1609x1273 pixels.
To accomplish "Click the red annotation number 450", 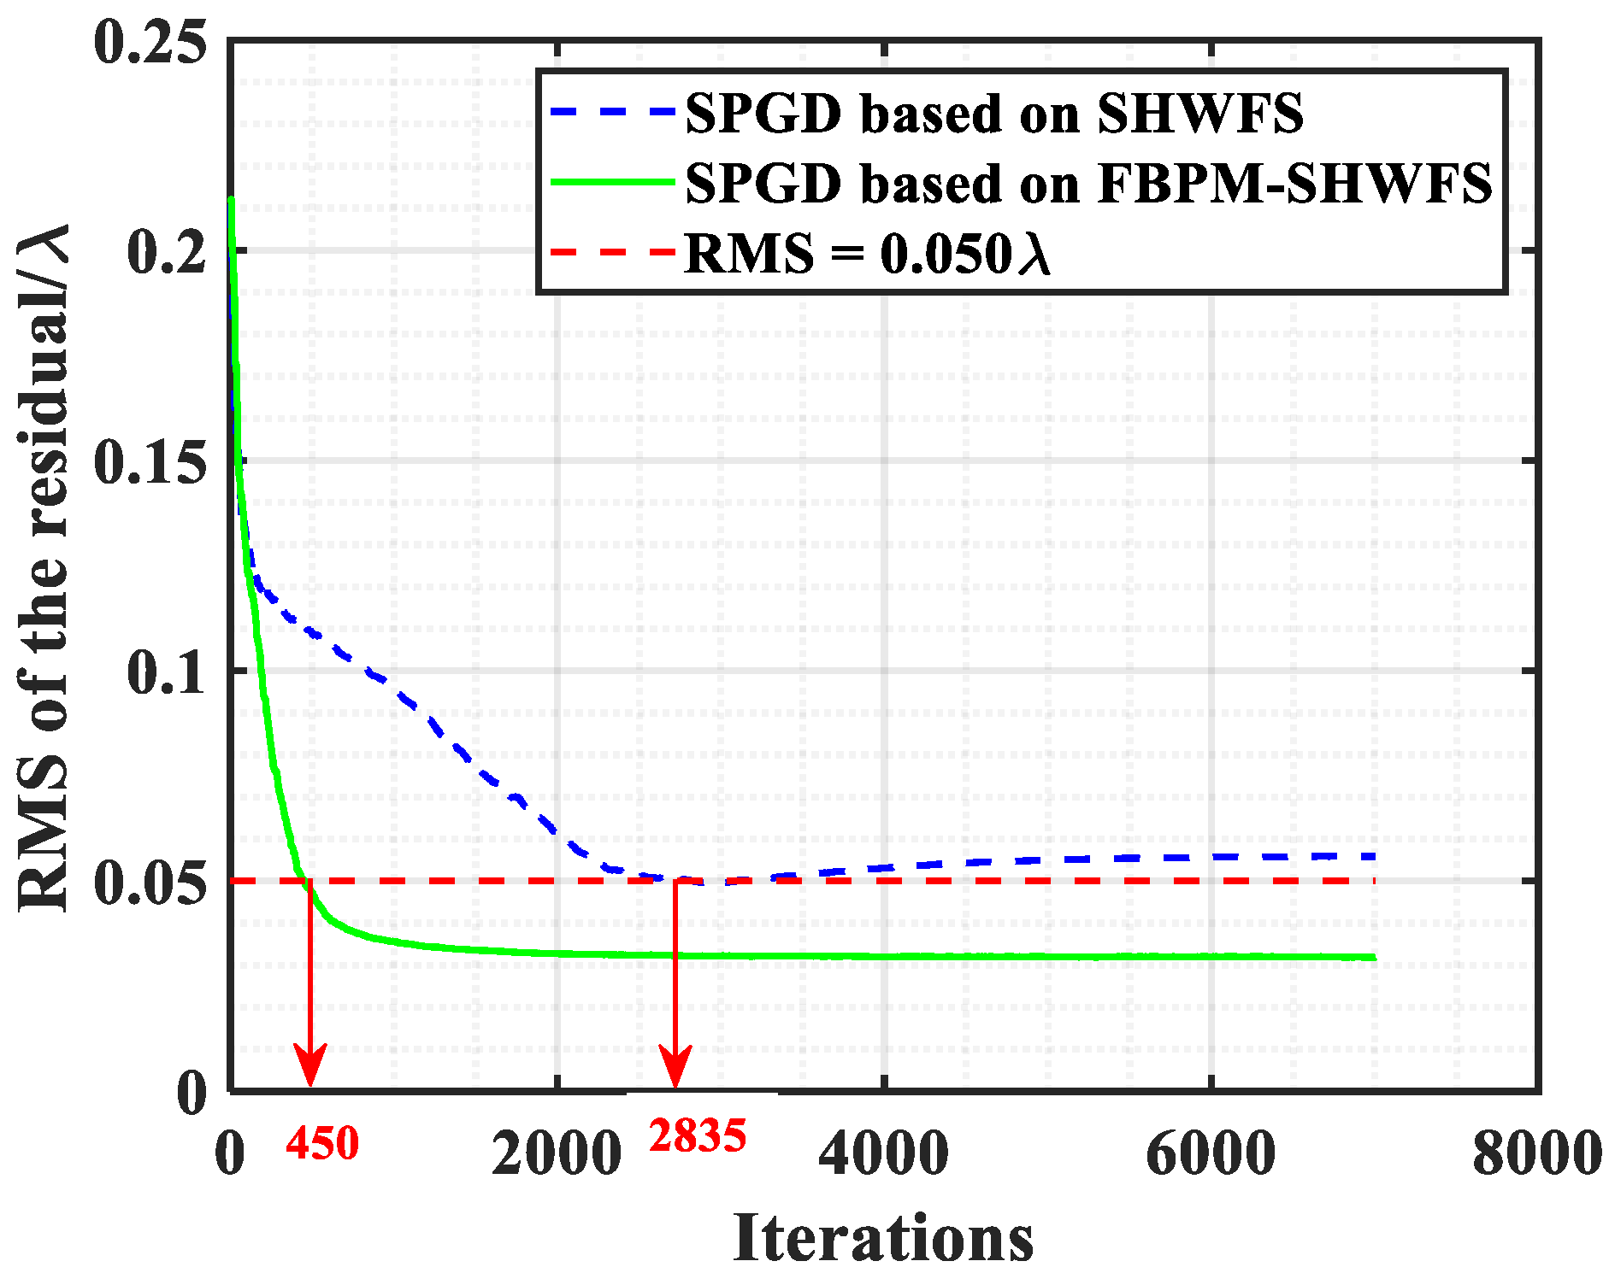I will coord(322,1144).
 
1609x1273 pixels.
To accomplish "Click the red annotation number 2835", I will coord(698,1136).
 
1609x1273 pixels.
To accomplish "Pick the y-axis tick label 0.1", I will coord(167,672).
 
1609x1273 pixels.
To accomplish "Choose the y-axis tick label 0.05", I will coord(150,883).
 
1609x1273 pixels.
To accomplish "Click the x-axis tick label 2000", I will coord(557,1154).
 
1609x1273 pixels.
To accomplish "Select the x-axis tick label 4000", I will coord(884,1154).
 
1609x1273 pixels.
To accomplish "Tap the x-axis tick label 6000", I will coord(1211,1154).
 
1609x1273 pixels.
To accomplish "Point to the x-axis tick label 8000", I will coord(1536,1154).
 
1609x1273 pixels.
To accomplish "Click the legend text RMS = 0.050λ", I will coord(867,254).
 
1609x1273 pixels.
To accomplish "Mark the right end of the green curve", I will coord(1373,958).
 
